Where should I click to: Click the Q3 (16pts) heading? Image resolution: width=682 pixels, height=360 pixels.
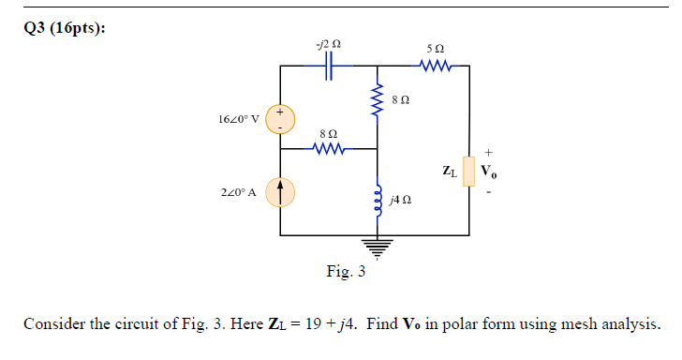click(65, 28)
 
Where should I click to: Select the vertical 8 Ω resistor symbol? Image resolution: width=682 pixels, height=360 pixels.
click(378, 97)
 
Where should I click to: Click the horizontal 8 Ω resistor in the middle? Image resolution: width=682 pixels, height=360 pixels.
click(331, 148)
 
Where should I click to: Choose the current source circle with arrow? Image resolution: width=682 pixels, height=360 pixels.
click(280, 192)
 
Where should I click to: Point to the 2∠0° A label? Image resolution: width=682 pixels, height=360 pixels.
click(241, 192)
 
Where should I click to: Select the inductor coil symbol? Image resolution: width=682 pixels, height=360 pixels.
click(378, 200)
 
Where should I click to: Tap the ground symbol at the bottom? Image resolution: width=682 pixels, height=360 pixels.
click(378, 247)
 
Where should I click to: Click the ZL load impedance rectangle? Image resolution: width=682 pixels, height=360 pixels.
click(468, 172)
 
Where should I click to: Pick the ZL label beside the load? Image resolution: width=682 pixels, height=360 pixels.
click(450, 172)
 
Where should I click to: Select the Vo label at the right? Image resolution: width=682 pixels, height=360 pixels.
click(490, 172)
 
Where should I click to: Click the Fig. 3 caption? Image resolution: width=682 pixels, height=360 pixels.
click(346, 273)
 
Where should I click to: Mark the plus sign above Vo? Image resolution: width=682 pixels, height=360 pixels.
click(488, 150)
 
